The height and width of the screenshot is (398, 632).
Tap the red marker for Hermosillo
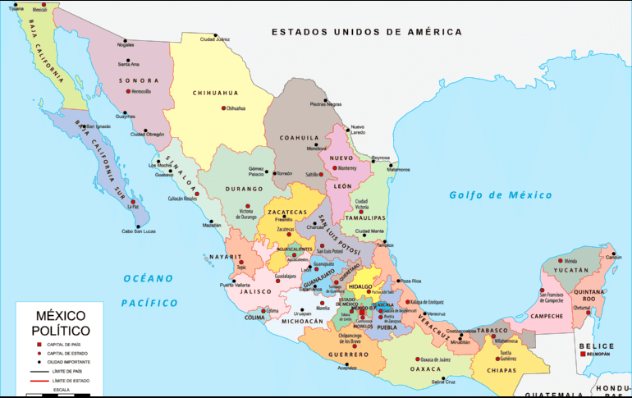(128, 91)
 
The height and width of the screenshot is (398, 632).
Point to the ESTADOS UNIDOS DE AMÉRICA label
(367, 32)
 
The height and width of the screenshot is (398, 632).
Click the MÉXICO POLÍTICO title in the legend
(61, 323)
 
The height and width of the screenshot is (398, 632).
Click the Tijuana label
(16, 9)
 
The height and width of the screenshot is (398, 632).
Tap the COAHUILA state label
(298, 137)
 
